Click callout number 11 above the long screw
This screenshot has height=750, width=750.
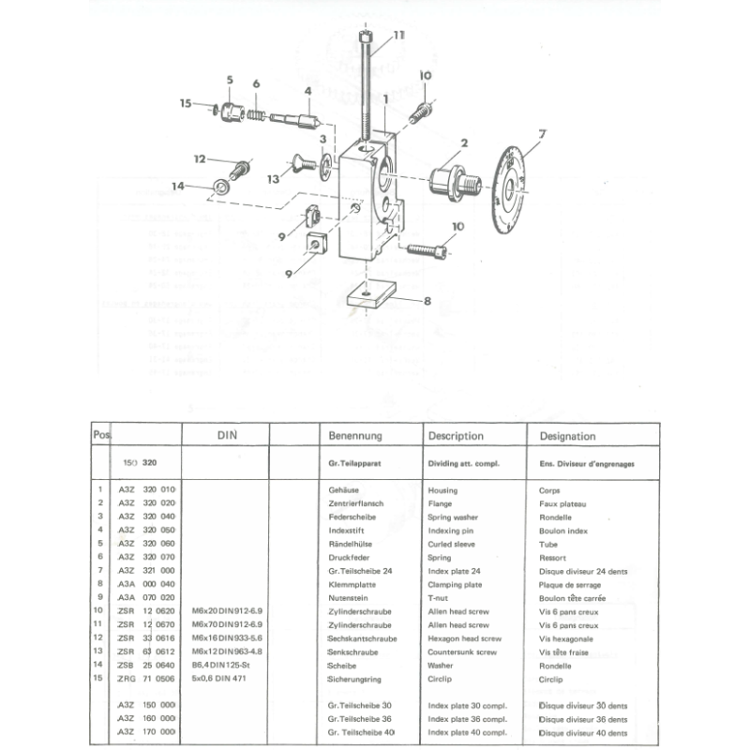coord(399,35)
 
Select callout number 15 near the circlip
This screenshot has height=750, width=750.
coord(186,103)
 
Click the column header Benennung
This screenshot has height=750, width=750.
coord(353,436)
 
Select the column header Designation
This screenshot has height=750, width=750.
coord(567,436)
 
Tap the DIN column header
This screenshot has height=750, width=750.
coord(230,436)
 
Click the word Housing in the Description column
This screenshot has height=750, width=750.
coord(442,489)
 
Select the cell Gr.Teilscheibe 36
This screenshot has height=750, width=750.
coord(359,718)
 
